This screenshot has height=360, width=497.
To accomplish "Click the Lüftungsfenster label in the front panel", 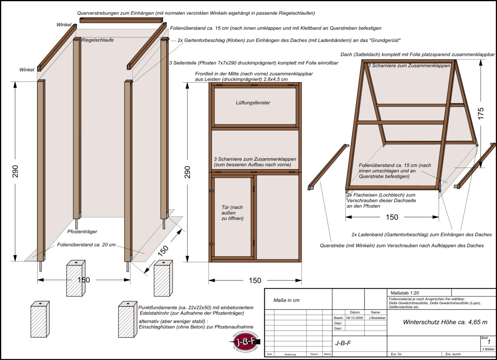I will coord(253,103).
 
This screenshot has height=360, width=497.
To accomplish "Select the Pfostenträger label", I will coord(82,232).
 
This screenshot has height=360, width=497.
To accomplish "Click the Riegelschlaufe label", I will coord(97,40).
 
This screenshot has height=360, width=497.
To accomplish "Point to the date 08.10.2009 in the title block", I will coord(353,317).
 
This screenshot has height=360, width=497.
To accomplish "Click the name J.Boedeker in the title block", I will coord(375,317).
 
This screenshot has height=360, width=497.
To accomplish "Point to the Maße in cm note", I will coord(287,300).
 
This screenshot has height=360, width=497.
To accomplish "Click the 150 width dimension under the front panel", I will coord(255,280).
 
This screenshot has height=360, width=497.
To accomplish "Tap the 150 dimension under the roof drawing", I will coord(392,217).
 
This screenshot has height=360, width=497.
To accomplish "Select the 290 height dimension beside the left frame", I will coord(15,171).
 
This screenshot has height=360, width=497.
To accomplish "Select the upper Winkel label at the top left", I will coord(64,25).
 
